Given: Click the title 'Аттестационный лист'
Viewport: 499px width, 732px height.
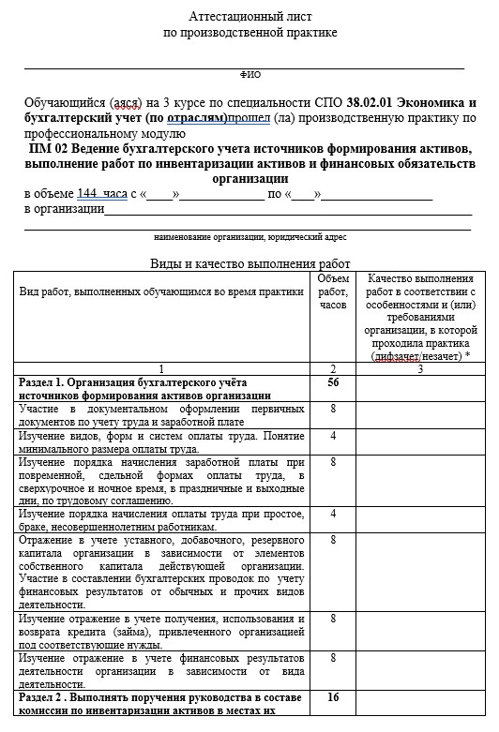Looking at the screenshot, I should (x=249, y=17).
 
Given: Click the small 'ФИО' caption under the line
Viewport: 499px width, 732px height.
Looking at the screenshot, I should (x=250, y=73).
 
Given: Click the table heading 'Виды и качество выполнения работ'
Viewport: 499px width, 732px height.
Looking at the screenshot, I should (x=249, y=263).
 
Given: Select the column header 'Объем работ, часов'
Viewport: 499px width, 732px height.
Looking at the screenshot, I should (x=333, y=291).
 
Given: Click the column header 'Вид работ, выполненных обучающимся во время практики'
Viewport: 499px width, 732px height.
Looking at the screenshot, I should (x=162, y=291).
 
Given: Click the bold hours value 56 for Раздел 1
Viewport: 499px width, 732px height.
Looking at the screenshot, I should (x=333, y=383).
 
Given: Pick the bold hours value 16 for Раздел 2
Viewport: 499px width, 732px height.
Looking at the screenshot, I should (x=333, y=698).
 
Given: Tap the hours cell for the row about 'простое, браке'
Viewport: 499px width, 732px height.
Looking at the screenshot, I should (x=333, y=514).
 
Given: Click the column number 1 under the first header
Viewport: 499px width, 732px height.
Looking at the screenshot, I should (x=162, y=369).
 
